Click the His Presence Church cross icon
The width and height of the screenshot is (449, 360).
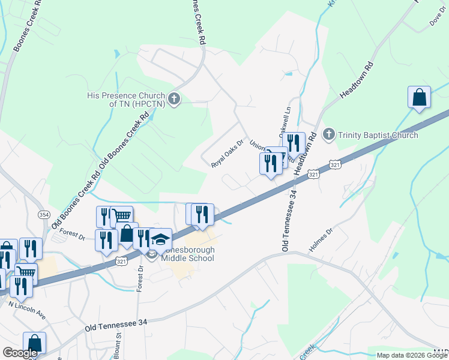click(x=174, y=98)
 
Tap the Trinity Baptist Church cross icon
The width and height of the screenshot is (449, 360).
click(x=328, y=134)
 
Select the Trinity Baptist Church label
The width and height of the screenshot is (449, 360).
click(x=378, y=135)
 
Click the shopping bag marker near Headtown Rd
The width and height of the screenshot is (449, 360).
click(x=419, y=98)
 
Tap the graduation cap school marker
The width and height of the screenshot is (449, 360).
click(x=160, y=239)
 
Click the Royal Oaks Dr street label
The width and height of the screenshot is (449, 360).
click(x=229, y=155)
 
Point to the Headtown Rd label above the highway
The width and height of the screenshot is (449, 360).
click(x=357, y=80)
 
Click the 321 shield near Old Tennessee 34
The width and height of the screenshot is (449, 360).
click(x=313, y=173)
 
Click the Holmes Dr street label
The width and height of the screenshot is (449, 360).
click(x=320, y=238)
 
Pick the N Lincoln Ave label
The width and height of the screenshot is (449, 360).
click(x=27, y=309)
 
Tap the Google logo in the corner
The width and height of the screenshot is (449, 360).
click(x=19, y=353)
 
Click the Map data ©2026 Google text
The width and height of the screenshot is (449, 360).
click(x=412, y=355)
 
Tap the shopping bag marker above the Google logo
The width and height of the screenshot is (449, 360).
click(x=34, y=344)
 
